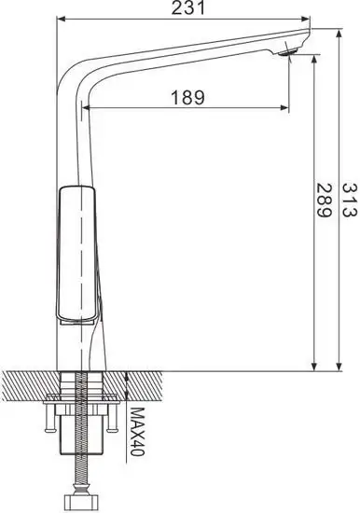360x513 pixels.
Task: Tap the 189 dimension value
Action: pyautogui.click(x=189, y=96)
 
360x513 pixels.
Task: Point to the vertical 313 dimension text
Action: pyautogui.click(x=350, y=201)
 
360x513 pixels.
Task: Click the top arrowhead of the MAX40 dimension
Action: pyautogui.click(x=127, y=375)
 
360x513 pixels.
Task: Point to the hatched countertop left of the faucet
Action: pyautogui.click(x=28, y=382)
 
